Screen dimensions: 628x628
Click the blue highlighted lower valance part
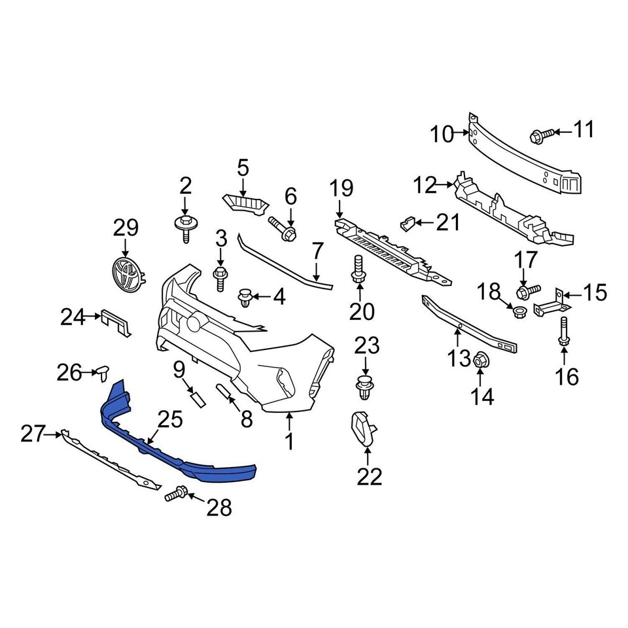coord(177,451)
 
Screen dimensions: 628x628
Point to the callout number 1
coord(289,442)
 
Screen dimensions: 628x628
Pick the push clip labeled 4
coord(246,298)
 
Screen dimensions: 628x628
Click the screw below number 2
coord(184,229)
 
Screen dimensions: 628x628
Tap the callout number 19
coord(341,189)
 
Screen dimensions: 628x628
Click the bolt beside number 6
coord(282,229)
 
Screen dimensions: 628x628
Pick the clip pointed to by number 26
coord(102,373)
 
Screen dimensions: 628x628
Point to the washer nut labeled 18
coord(521,309)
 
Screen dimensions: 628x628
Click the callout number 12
coord(425,186)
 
